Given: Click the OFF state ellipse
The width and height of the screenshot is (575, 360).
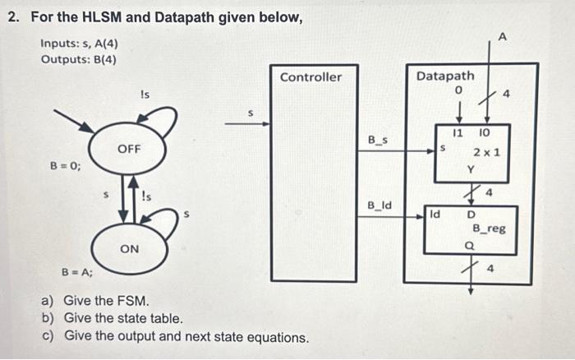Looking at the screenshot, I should point(130,149).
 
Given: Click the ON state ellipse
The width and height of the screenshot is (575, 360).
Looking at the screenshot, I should point(130,248).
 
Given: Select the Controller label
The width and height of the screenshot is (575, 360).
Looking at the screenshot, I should point(310,76).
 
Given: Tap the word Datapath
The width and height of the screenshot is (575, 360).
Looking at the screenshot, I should point(445,76).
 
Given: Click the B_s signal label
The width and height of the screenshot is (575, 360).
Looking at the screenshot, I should point(378,141).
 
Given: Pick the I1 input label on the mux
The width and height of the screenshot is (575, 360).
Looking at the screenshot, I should point(458,132).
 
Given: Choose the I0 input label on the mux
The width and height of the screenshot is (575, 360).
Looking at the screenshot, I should point(485,132).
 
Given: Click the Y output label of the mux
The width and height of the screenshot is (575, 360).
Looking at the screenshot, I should point(471,170).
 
